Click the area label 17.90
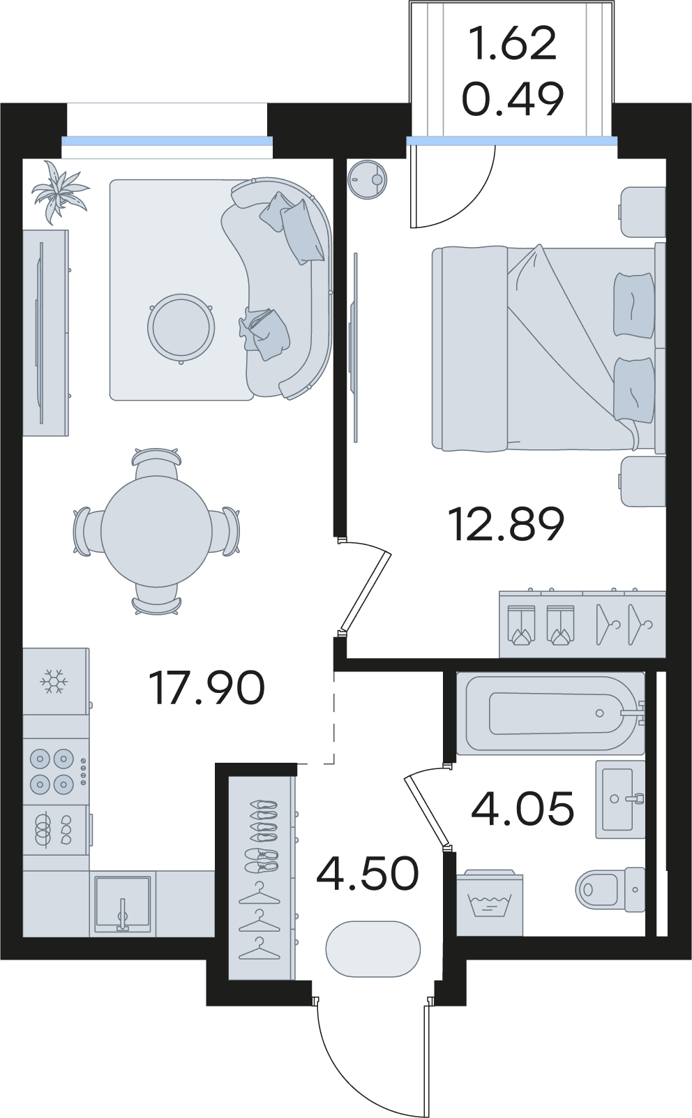(206, 688)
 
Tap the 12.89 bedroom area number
(506, 523)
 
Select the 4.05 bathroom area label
(522, 808)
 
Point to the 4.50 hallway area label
(368, 874)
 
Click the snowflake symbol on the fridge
(54, 681)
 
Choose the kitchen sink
(123, 903)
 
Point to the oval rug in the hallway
(373, 949)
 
